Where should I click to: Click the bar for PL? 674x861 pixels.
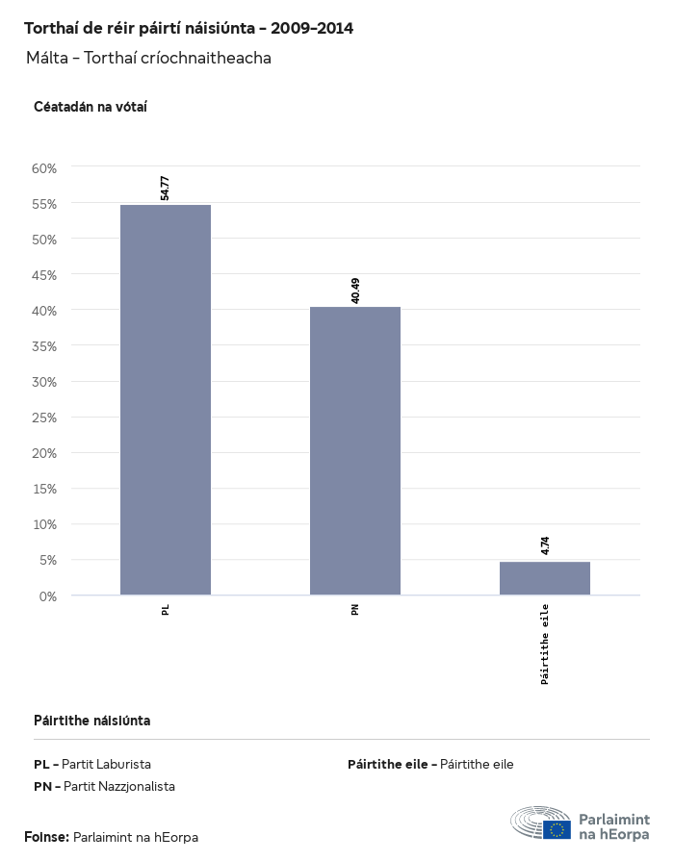click(x=166, y=399)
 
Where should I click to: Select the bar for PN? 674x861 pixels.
click(x=355, y=450)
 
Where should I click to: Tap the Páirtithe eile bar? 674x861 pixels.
click(x=545, y=578)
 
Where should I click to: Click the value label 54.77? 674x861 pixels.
click(x=166, y=187)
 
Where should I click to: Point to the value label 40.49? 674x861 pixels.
click(x=355, y=290)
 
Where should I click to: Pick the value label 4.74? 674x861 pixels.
click(x=545, y=545)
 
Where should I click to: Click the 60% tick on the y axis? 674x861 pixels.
click(x=44, y=168)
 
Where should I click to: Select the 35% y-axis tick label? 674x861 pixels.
click(x=44, y=346)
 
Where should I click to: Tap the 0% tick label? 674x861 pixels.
click(x=48, y=596)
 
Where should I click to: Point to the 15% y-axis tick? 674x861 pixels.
click(x=44, y=489)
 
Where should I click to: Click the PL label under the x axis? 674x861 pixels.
click(x=166, y=609)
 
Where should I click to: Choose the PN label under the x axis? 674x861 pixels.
click(x=355, y=609)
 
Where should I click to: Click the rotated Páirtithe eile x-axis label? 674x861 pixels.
click(x=545, y=644)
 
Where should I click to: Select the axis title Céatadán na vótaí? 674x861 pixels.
click(x=91, y=107)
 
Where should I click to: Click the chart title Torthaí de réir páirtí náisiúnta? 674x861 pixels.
click(x=189, y=28)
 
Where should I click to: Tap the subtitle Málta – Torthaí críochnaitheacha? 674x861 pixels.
click(x=149, y=58)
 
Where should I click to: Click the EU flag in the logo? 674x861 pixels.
click(x=557, y=829)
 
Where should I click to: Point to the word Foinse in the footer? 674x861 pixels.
click(x=46, y=837)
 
